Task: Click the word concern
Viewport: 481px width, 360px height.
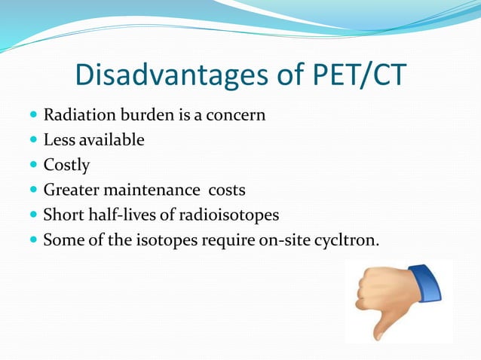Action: pos(238,116)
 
